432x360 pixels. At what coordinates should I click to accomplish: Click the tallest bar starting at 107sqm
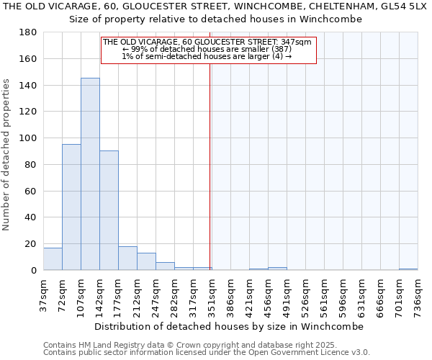tap(90, 174)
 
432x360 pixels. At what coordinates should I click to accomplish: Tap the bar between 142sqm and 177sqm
tap(109, 210)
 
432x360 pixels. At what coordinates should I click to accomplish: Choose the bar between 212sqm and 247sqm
tap(146, 261)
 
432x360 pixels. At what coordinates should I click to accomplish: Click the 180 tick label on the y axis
tap(28, 32)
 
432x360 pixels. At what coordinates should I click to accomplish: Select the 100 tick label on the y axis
tap(28, 138)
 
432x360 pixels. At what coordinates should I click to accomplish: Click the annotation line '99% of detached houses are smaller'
tap(207, 49)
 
